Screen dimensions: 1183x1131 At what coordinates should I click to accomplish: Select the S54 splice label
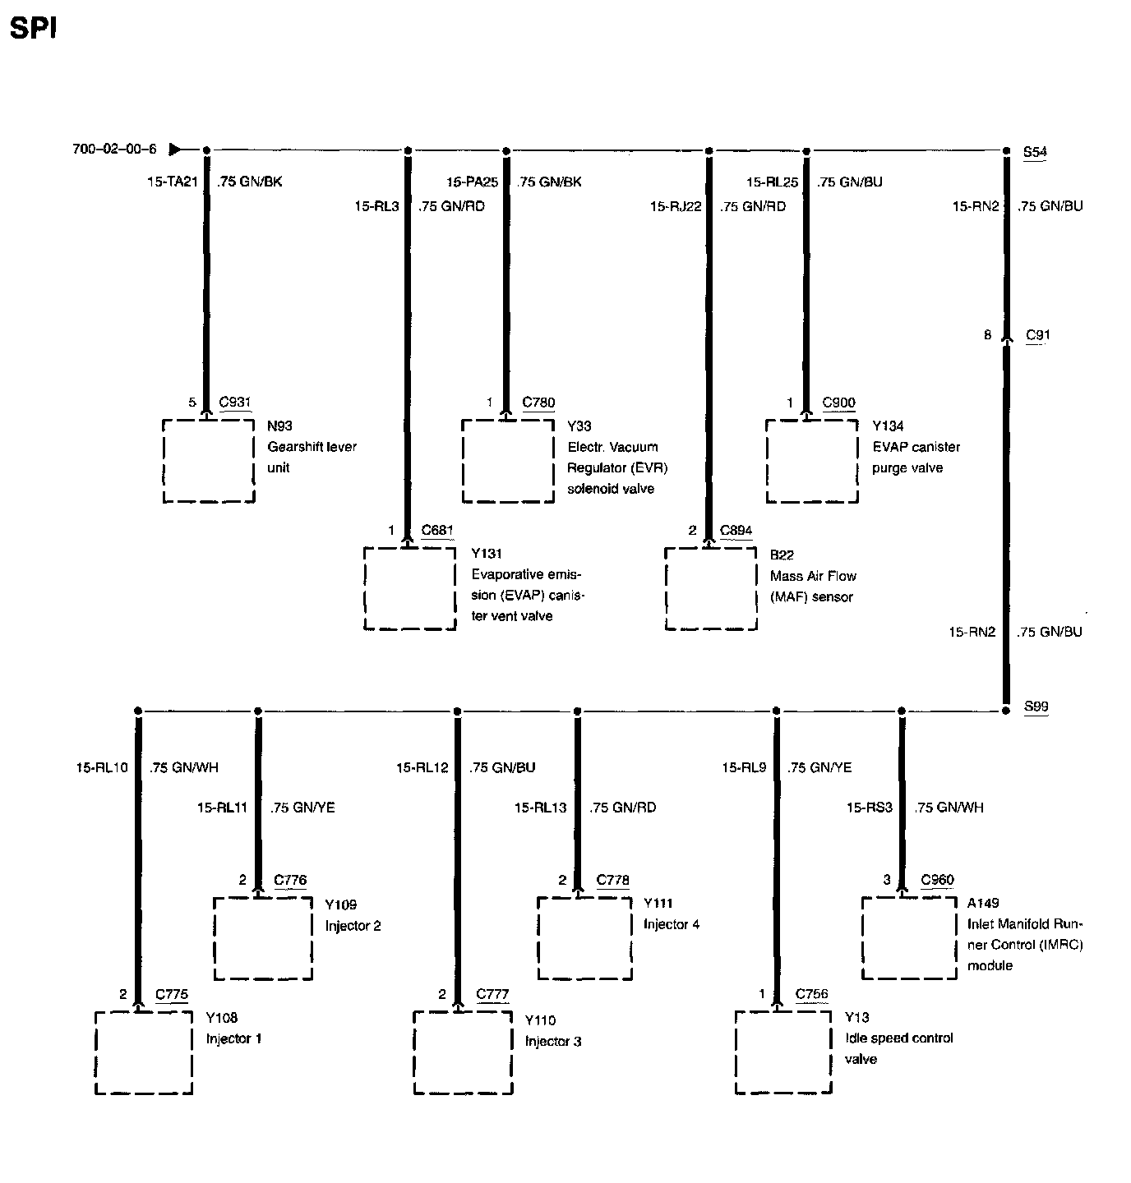point(1035,152)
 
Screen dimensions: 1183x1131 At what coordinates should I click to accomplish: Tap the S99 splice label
point(1036,707)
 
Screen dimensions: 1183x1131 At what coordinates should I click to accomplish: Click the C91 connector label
point(1038,335)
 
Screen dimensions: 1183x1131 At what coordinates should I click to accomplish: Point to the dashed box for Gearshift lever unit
point(209,461)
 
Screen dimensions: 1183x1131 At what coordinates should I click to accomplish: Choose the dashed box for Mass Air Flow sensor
point(711,588)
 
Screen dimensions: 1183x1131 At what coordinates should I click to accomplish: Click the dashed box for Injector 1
point(144,1052)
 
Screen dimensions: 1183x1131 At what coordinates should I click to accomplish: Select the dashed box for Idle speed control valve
point(783,1052)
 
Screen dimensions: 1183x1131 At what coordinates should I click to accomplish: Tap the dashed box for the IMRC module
point(910,937)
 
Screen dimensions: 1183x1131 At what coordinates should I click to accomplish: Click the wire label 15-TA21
point(173,182)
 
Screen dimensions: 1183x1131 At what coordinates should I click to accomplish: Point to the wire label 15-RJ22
point(676,207)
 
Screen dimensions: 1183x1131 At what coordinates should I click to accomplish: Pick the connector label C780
point(538,403)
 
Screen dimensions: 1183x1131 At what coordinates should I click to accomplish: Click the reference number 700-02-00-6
point(114,150)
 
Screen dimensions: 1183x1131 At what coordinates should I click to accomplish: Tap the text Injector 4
point(672,924)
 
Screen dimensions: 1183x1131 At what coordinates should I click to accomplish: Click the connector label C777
point(493,995)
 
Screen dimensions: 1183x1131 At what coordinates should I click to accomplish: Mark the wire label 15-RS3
point(869,808)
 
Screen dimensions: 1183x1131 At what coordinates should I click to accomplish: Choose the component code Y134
point(888,426)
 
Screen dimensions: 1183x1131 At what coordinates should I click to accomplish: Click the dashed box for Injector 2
point(263,937)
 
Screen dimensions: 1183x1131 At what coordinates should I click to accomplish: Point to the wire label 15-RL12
point(422,768)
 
